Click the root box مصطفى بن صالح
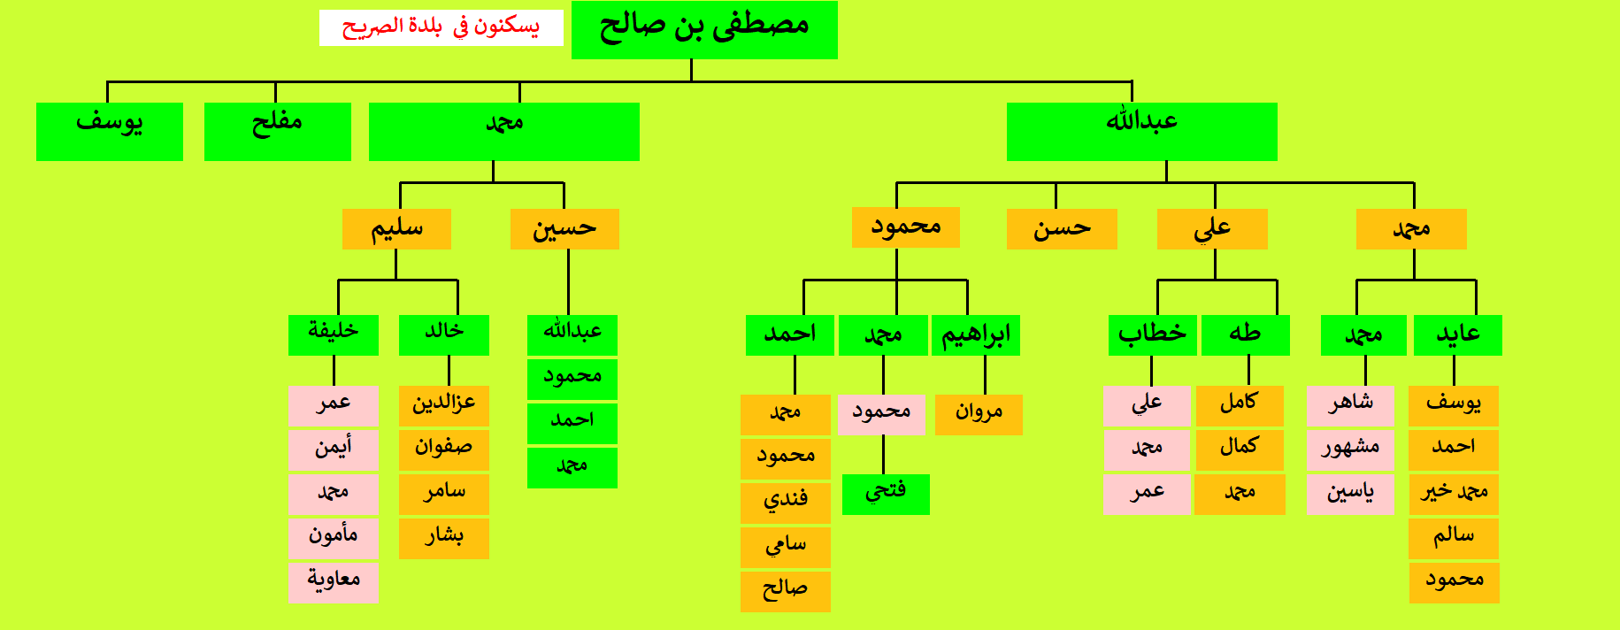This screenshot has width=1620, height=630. [x=704, y=30]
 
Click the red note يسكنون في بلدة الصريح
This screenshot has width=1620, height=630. [x=441, y=27]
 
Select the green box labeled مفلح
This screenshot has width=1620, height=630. [x=278, y=132]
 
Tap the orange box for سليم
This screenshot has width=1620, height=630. [x=396, y=229]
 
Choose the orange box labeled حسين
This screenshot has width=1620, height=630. [x=564, y=229]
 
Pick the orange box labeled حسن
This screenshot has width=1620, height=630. [x=1062, y=229]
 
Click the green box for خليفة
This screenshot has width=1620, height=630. [x=334, y=335]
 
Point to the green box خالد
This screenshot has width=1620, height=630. [x=444, y=335]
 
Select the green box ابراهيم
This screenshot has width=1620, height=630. [x=976, y=335]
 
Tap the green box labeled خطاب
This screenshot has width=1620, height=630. [x=1153, y=335]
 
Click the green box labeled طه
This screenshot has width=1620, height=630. [x=1246, y=335]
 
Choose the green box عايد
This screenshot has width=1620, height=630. [x=1458, y=335]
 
